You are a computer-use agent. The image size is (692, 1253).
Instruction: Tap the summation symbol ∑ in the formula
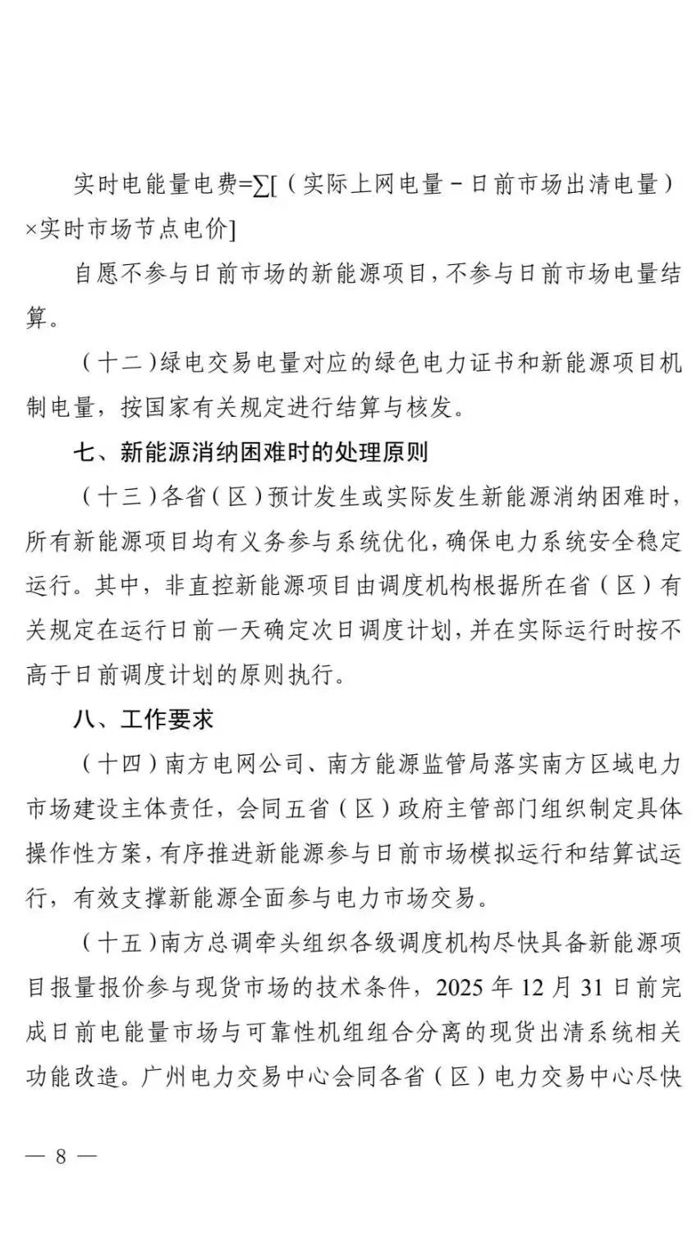point(262,185)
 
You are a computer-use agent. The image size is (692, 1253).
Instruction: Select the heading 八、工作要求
point(144,719)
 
